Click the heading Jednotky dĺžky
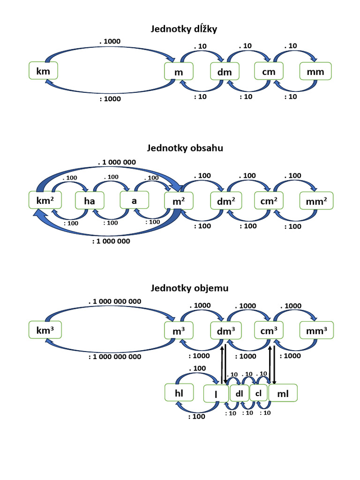pyautogui.click(x=184, y=29)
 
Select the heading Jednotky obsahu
pyautogui.click(x=185, y=148)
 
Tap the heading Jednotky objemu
pyautogui.click(x=189, y=288)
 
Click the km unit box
pyautogui.click(x=43, y=71)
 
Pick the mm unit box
pyautogui.click(x=315, y=71)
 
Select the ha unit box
pyautogui.click(x=90, y=201)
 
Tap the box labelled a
pyautogui.click(x=134, y=200)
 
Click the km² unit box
pyautogui.click(x=45, y=200)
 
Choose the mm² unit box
pyautogui.click(x=316, y=201)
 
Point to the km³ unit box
pyautogui.click(x=45, y=330)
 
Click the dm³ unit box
pyautogui.click(x=226, y=330)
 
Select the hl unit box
pyautogui.click(x=179, y=392)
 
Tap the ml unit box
pyautogui.click(x=283, y=393)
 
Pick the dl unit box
pyautogui.click(x=239, y=393)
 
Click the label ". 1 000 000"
pyautogui.click(x=117, y=162)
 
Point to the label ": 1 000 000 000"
pyautogui.click(x=115, y=357)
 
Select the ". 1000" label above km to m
pyautogui.click(x=110, y=41)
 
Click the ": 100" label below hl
pyautogui.click(x=196, y=416)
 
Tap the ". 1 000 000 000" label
pyautogui.click(x=115, y=301)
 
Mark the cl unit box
pyautogui.click(x=259, y=393)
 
